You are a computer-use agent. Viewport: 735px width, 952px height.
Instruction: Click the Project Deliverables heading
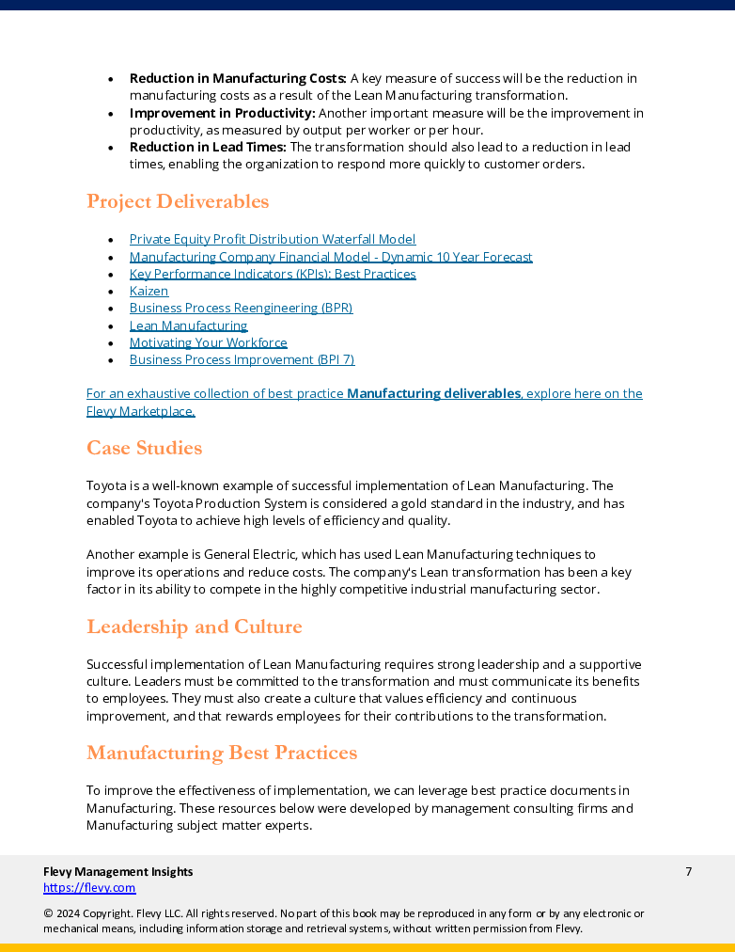click(178, 201)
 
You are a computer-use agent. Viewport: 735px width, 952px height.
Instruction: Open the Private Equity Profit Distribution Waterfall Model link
click(272, 240)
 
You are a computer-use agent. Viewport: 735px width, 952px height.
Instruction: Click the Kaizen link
click(149, 292)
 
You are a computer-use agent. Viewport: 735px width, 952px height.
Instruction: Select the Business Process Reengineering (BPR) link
click(241, 309)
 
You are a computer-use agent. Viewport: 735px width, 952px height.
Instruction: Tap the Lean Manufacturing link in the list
click(188, 326)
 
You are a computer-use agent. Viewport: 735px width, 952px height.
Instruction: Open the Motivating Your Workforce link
click(208, 343)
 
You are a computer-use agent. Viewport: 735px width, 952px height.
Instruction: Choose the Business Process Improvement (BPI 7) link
click(242, 360)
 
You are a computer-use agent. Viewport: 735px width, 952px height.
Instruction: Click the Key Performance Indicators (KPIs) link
click(272, 275)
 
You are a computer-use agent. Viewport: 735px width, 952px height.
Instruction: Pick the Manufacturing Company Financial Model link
click(330, 257)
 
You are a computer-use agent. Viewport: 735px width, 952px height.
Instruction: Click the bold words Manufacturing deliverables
click(433, 394)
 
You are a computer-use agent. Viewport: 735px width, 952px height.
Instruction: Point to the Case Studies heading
click(144, 448)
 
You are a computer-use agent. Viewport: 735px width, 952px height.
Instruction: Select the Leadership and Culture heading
click(194, 627)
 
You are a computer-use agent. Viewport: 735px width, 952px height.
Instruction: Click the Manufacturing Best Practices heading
click(222, 753)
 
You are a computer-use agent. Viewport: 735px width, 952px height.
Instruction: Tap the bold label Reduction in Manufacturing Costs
click(238, 78)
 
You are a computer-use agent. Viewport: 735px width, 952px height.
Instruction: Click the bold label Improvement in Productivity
click(222, 113)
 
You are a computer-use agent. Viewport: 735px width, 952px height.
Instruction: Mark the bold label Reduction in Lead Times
click(208, 148)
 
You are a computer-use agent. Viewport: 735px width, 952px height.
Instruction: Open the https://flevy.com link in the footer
click(89, 888)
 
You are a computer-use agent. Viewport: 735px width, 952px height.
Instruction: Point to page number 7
click(688, 872)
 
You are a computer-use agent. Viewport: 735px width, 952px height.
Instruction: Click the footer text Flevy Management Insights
click(117, 872)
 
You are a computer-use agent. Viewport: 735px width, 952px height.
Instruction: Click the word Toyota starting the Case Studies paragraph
click(105, 486)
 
